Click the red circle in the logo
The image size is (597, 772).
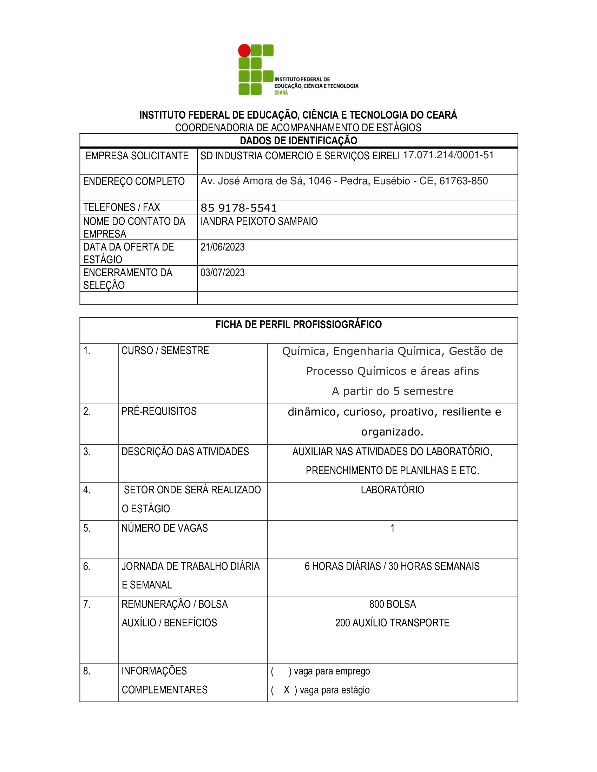pos(244,51)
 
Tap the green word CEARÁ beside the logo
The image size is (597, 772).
pos(281,93)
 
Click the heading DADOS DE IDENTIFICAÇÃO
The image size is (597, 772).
pos(298,141)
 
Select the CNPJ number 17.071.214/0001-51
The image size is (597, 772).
pos(448,155)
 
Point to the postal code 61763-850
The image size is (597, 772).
pos(463,181)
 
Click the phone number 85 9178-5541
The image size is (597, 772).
pos(239,208)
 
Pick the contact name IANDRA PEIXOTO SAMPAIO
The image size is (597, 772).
pos(259,222)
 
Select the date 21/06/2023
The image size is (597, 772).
pos(222,247)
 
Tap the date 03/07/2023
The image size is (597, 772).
pos(222,273)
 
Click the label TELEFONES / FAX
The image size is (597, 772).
pos(121,207)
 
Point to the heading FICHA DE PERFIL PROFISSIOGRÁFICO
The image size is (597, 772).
pos(298,325)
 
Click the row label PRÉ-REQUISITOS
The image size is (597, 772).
pos(159,412)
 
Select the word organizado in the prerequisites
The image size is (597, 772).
pos(392,432)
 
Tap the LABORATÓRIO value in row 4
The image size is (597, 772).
pos(392,490)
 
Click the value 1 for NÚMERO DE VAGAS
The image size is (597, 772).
pos(392,528)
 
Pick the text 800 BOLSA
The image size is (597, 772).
pos(392,605)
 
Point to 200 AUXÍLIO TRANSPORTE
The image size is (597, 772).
pos(392,623)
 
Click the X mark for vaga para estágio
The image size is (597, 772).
pos(287,690)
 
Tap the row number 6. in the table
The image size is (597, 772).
pos(87,567)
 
